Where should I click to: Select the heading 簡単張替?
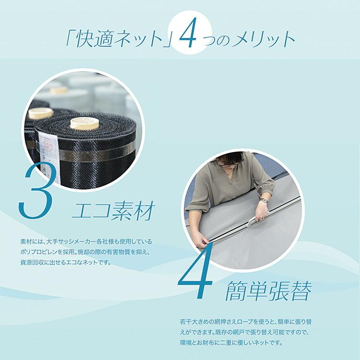click(268, 290)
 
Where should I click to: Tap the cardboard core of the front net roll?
click(84, 123)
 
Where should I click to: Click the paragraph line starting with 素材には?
click(86, 241)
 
